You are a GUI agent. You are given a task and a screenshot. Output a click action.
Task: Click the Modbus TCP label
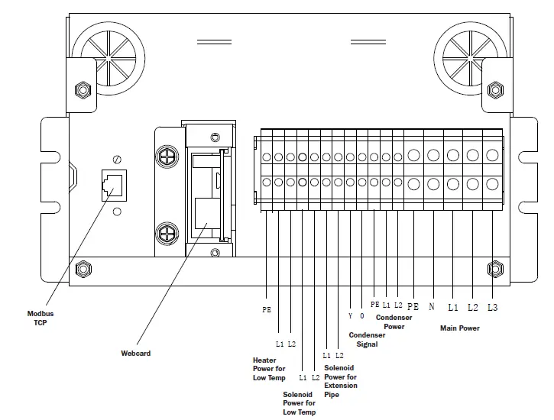click(x=40, y=318)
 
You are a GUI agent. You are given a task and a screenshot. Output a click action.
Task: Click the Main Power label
click(x=459, y=328)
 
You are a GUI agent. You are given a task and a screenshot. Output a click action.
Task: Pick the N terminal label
click(x=432, y=306)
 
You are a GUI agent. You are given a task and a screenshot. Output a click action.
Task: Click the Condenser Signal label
click(x=368, y=340)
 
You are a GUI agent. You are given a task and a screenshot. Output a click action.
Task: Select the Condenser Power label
click(x=394, y=322)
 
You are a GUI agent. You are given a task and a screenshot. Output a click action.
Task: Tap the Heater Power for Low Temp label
click(x=269, y=369)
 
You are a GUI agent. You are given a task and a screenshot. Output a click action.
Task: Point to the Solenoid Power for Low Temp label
click(x=299, y=403)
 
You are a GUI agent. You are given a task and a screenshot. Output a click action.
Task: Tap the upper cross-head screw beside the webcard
click(x=166, y=157)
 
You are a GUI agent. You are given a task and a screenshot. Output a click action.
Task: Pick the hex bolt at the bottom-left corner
click(x=83, y=270)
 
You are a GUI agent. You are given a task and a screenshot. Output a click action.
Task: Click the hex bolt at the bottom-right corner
click(x=494, y=269)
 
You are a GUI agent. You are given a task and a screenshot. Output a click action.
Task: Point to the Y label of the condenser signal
click(x=350, y=315)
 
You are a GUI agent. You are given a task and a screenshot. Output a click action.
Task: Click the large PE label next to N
click(x=413, y=306)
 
